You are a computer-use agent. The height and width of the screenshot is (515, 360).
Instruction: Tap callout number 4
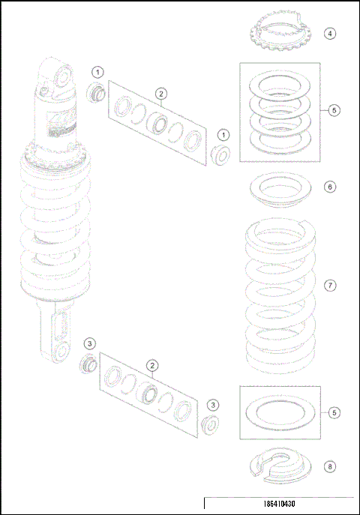point(331,34)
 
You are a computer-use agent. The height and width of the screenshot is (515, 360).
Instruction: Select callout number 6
point(330,187)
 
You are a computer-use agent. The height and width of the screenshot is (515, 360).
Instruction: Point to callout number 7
point(330,286)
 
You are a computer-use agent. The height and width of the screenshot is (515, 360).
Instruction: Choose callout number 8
point(330,466)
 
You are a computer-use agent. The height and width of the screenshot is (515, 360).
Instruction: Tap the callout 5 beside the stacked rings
point(334,110)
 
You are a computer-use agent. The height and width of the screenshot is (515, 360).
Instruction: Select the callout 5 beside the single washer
point(334,412)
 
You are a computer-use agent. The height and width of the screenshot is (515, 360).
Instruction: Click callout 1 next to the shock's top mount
point(98,71)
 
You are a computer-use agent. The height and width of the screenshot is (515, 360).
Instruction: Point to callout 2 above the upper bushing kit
point(161,93)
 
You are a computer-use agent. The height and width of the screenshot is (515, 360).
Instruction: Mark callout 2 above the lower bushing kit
point(152,366)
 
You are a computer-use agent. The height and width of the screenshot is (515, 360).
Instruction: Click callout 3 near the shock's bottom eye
point(89,343)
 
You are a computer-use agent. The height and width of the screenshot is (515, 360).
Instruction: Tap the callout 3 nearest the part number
point(213,405)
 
